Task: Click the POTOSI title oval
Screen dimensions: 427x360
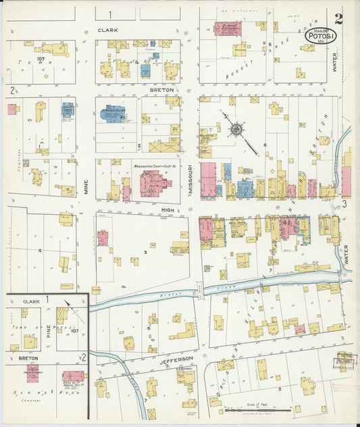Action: coord(317,35)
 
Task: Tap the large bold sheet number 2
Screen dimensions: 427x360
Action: coord(338,18)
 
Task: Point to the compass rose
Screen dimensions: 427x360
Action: coord(238,128)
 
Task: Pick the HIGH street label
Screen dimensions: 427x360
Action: coord(167,210)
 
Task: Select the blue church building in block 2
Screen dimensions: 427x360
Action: coord(112,114)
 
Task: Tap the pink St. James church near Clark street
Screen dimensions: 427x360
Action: coord(227,28)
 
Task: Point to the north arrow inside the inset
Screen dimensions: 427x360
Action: coord(68,305)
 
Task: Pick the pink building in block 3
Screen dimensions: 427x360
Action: coord(103,238)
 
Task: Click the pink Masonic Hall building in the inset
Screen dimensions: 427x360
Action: coord(73,376)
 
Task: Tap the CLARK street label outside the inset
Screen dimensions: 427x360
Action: coord(107,30)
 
